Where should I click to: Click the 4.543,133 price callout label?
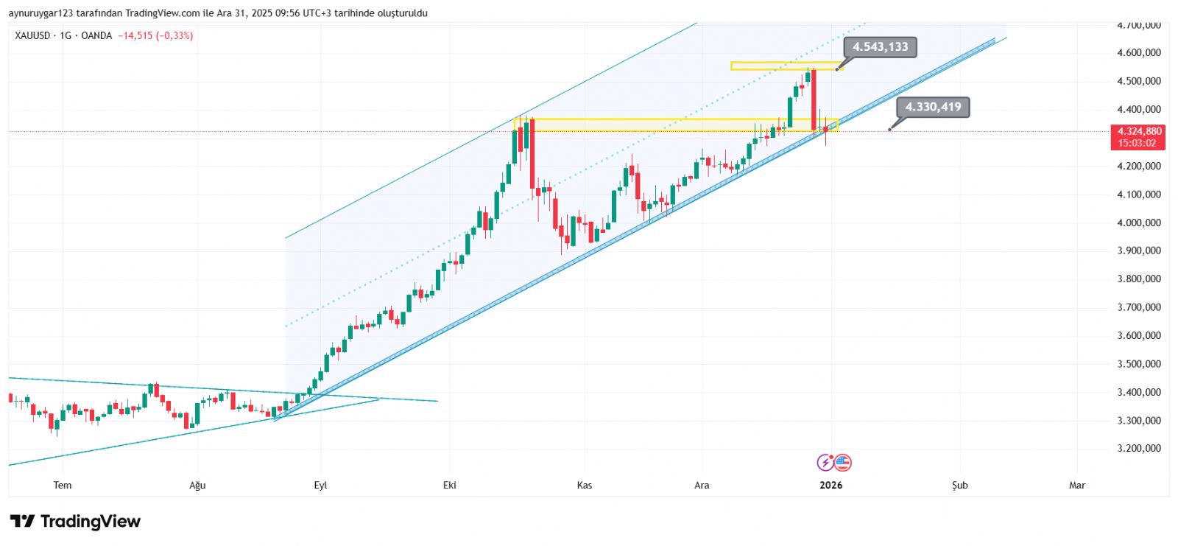pyautogui.click(x=880, y=47)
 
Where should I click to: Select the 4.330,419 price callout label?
pyautogui.click(x=933, y=108)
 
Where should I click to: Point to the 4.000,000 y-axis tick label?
pyautogui.click(x=1138, y=223)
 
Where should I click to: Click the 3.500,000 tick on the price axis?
pyautogui.click(x=1138, y=364)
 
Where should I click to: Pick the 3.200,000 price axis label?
pyautogui.click(x=1138, y=448)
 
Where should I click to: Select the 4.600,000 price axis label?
pyautogui.click(x=1138, y=53)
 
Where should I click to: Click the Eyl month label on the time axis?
pyautogui.click(x=320, y=485)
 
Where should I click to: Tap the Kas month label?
pyautogui.click(x=585, y=485)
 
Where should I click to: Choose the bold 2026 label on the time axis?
pyautogui.click(x=830, y=485)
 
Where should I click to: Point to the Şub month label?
pyautogui.click(x=959, y=485)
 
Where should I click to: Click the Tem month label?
pyautogui.click(x=63, y=485)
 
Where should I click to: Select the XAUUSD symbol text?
pyautogui.click(x=32, y=35)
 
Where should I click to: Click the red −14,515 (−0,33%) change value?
pyautogui.click(x=155, y=35)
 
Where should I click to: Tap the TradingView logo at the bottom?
pyautogui.click(x=75, y=522)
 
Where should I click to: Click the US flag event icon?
pyautogui.click(x=842, y=463)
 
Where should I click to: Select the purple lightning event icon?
pyautogui.click(x=825, y=463)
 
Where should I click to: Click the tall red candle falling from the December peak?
pyautogui.click(x=814, y=99)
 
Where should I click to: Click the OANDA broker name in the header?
pyautogui.click(x=96, y=35)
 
